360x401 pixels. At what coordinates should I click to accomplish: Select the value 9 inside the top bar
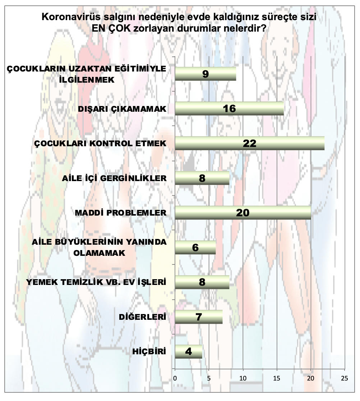coord(206,74)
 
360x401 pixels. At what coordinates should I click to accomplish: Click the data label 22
coord(249,143)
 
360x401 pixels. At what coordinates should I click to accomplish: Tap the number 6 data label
coord(195,248)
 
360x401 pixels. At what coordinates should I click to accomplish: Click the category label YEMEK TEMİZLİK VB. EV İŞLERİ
coord(96,282)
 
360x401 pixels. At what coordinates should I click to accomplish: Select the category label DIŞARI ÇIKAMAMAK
coord(122,109)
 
